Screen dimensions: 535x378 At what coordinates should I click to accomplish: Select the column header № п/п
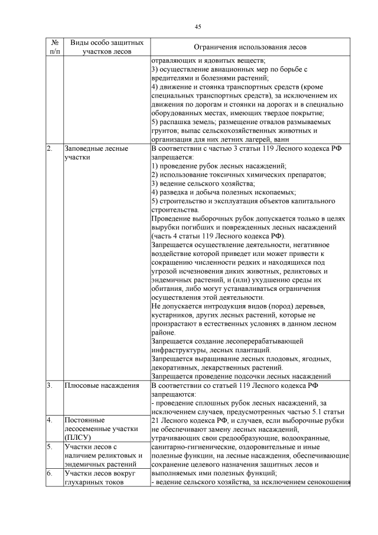[x=54, y=47]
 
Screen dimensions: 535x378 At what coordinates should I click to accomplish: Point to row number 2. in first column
[x=50, y=149]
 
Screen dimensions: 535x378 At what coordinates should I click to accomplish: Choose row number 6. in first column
[x=50, y=474]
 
